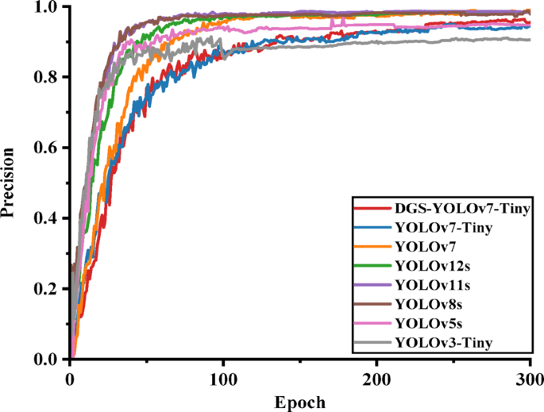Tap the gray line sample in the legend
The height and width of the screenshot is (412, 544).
[x=369, y=343]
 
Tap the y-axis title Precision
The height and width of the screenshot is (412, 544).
[x=10, y=183]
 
